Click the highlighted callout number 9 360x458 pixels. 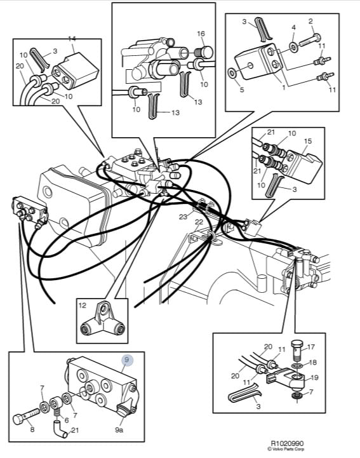[126, 360]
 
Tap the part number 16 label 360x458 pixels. [201, 34]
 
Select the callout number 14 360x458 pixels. [72, 39]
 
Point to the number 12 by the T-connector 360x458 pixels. [83, 306]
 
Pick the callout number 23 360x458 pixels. [183, 217]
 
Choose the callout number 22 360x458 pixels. [199, 222]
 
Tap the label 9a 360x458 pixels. [119, 430]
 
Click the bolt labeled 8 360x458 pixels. [26, 416]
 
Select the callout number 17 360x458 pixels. [311, 347]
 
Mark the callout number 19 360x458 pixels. [314, 378]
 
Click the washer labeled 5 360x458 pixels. [233, 73]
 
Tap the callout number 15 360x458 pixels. [308, 141]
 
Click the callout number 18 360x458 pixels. [313, 363]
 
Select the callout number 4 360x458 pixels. [293, 28]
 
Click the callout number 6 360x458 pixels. [67, 421]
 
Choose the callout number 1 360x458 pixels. [284, 87]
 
